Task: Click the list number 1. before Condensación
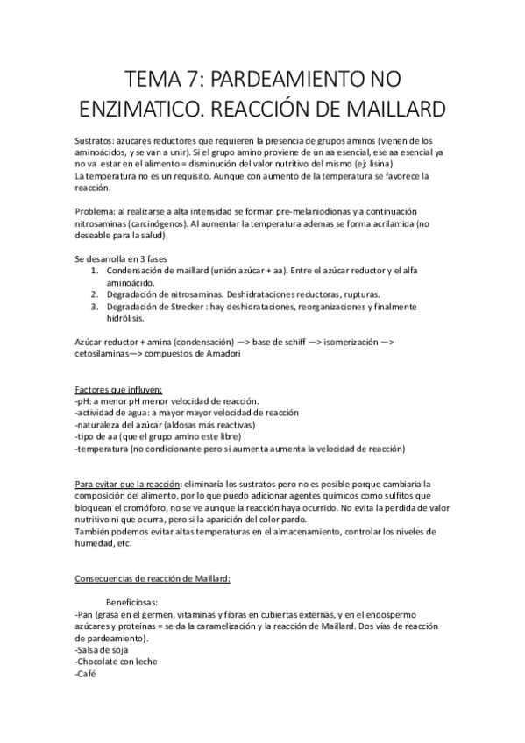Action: pos(95,271)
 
